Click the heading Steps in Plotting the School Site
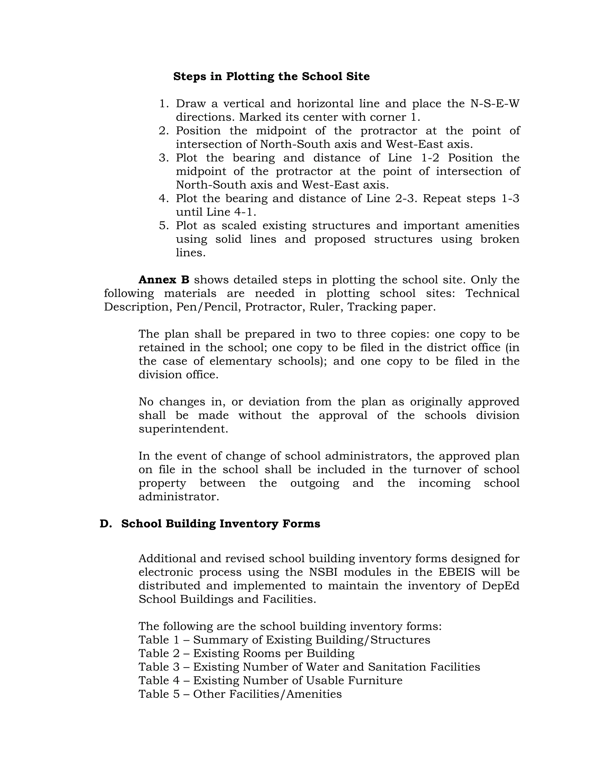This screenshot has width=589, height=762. pyautogui.click(x=271, y=76)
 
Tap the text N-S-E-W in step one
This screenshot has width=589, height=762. pyautogui.click(x=495, y=104)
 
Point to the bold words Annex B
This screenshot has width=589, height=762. pyautogui.click(x=164, y=280)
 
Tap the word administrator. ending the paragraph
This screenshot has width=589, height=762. pyautogui.click(x=179, y=497)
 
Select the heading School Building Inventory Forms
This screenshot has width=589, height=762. pyautogui.click(x=221, y=524)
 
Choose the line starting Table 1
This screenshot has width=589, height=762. pyautogui.click(x=284, y=640)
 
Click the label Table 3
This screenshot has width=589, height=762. pyautogui.click(x=159, y=667)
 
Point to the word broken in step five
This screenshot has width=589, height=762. pyautogui.click(x=500, y=239)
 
